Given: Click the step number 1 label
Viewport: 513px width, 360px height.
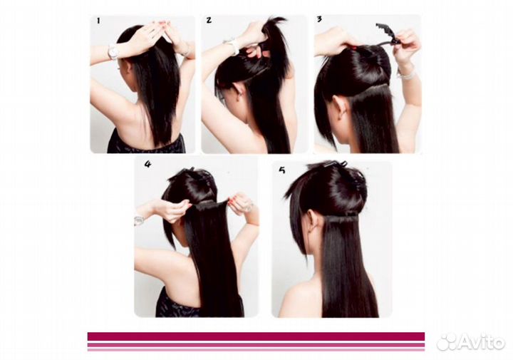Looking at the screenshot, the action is [x=98, y=21].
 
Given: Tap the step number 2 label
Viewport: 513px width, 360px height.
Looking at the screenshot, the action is [x=209, y=20].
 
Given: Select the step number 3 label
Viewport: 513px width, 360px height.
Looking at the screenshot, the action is [x=319, y=19].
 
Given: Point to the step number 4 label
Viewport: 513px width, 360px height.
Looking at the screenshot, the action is [x=148, y=164].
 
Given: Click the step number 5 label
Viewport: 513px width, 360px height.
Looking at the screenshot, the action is [x=282, y=170].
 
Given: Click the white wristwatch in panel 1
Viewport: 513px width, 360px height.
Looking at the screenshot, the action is [x=113, y=52].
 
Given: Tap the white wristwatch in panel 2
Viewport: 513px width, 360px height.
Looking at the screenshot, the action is [x=233, y=46].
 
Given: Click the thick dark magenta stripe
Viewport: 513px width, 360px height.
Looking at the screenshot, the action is [x=256, y=336].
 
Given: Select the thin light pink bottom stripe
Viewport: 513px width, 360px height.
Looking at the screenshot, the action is [x=256, y=349].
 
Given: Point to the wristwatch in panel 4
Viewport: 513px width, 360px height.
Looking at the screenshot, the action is [x=139, y=221].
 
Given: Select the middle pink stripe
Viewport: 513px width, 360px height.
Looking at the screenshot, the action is [x=256, y=344].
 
